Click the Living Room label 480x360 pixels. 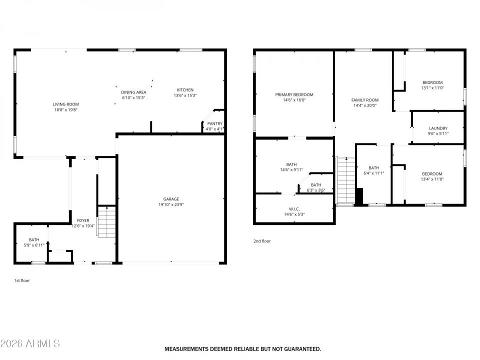[66, 104]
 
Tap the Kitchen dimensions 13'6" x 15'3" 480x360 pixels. [184, 95]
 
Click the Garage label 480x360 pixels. [170, 199]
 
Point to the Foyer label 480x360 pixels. [83, 220]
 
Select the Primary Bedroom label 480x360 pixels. [294, 94]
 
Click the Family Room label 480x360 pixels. [364, 100]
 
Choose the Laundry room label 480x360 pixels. [438, 128]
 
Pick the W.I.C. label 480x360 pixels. [294, 209]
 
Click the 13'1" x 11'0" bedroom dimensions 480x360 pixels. [432, 88]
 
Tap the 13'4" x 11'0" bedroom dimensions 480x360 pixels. [432, 179]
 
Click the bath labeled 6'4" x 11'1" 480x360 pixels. [373, 168]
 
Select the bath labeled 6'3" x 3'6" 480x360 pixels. [316, 184]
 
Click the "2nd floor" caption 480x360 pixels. [262, 241]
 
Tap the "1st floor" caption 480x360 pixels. [22, 280]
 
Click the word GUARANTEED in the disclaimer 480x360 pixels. [296, 348]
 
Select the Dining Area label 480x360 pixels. [133, 92]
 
